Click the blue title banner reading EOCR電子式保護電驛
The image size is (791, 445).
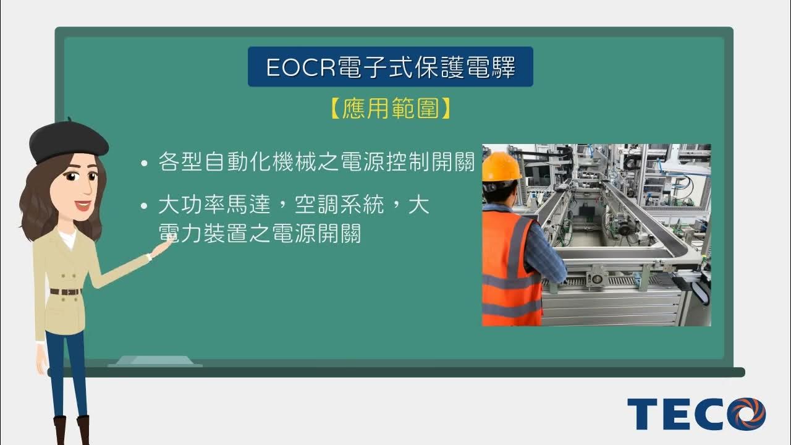390,67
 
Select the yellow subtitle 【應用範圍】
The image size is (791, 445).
390,109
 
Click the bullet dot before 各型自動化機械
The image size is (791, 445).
144,164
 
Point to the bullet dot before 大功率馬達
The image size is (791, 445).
144,206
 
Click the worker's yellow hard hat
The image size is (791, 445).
501,167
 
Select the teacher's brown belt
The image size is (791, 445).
65,292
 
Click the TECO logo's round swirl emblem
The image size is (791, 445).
746,414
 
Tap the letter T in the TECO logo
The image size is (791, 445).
643,414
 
